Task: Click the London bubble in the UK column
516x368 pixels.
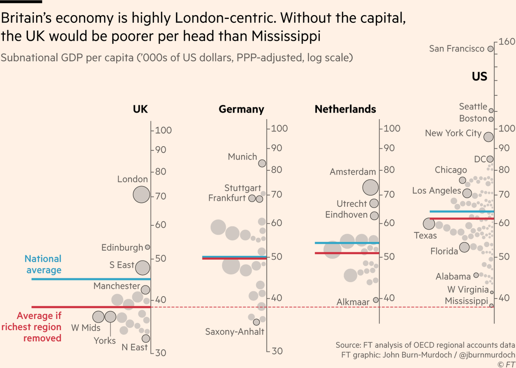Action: (x=141, y=194)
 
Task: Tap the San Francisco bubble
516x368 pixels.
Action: (x=490, y=49)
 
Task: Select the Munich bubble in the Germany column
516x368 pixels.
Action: (x=262, y=163)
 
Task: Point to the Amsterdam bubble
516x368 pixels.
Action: (x=370, y=187)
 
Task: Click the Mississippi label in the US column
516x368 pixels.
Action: (x=467, y=301)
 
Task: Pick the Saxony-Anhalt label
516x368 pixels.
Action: (x=234, y=331)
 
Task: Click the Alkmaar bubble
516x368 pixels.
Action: (x=375, y=300)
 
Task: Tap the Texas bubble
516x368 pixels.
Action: (x=429, y=224)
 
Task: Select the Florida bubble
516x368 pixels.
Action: (x=464, y=247)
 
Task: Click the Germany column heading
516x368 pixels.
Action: (x=241, y=109)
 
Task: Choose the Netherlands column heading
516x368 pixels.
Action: (x=345, y=109)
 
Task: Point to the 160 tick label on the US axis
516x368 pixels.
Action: (x=507, y=42)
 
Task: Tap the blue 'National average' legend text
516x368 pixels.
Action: (x=43, y=264)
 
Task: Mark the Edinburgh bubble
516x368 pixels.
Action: (x=147, y=247)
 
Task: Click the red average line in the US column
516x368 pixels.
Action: (x=462, y=218)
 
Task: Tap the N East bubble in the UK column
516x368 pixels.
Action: (x=146, y=338)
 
